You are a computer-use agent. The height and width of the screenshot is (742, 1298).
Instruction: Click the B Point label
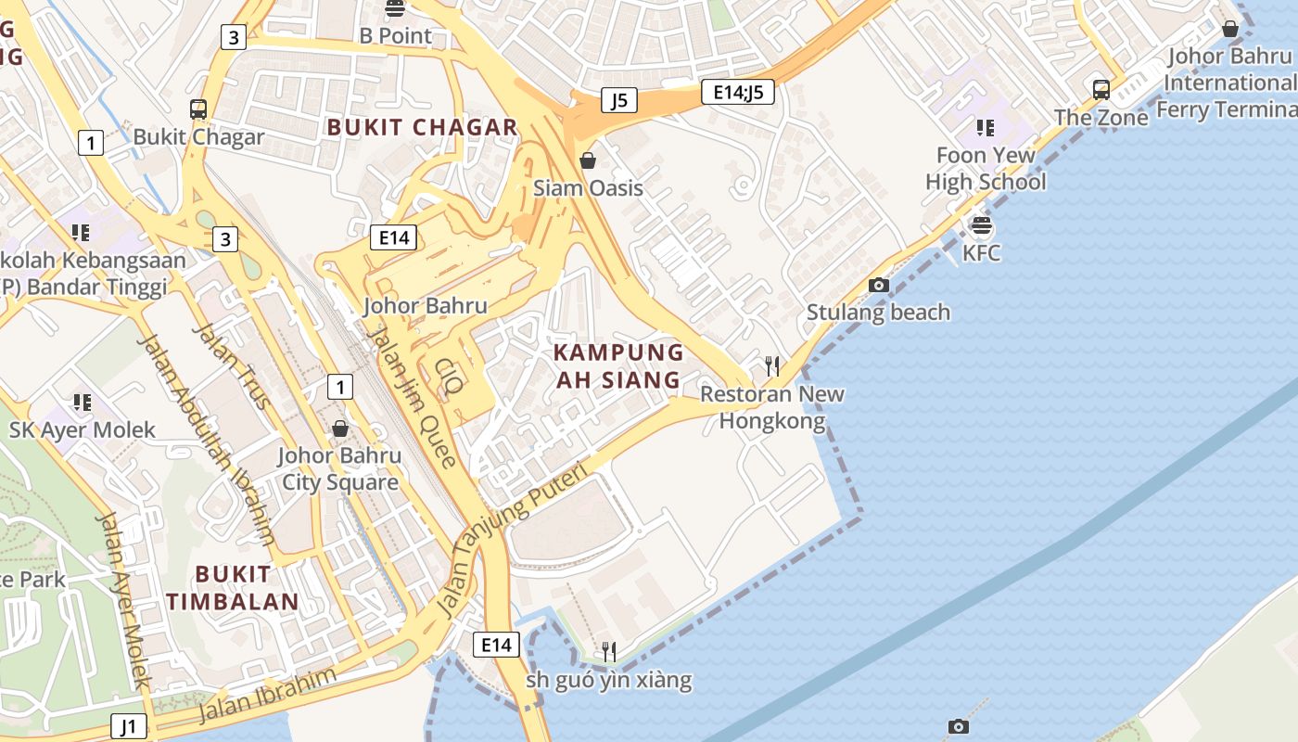tap(396, 35)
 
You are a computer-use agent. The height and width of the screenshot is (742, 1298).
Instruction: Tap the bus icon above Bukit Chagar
tap(197, 109)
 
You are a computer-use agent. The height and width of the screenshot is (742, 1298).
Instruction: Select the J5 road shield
tap(618, 99)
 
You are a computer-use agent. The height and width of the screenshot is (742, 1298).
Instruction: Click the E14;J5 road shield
tap(737, 91)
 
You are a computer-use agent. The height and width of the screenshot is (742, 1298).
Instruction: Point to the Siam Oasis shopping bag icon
tap(587, 160)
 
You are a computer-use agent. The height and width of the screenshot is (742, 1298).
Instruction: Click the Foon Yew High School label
tap(985, 168)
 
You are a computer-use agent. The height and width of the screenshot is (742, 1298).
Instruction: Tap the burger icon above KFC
tap(981, 224)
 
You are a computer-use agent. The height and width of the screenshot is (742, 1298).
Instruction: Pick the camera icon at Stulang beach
tap(878, 285)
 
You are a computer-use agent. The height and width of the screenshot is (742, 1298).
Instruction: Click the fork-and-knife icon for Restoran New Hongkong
tap(771, 366)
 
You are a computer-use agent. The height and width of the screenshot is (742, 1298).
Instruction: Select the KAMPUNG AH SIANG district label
tap(618, 365)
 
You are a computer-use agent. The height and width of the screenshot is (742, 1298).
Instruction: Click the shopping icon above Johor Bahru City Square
tap(340, 429)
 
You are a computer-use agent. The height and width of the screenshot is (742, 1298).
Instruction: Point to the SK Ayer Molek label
tap(83, 429)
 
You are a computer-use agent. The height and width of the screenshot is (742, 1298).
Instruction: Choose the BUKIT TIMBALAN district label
tap(233, 587)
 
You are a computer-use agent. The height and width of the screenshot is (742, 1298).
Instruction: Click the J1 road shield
tap(129, 725)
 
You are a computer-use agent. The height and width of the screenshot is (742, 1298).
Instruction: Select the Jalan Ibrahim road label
tap(267, 695)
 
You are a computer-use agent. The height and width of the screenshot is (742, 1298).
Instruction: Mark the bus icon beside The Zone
tap(1101, 90)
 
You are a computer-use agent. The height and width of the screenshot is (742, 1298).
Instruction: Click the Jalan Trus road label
tap(232, 366)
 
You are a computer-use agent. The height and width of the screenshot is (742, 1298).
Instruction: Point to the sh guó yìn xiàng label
tap(608, 680)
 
